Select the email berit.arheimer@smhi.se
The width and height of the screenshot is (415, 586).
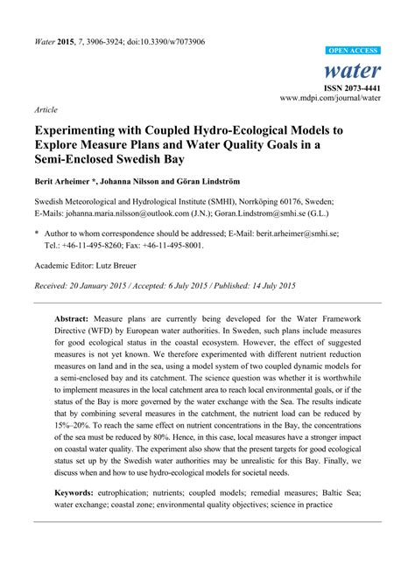pos(324,234)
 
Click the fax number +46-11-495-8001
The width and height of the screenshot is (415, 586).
pos(186,246)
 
